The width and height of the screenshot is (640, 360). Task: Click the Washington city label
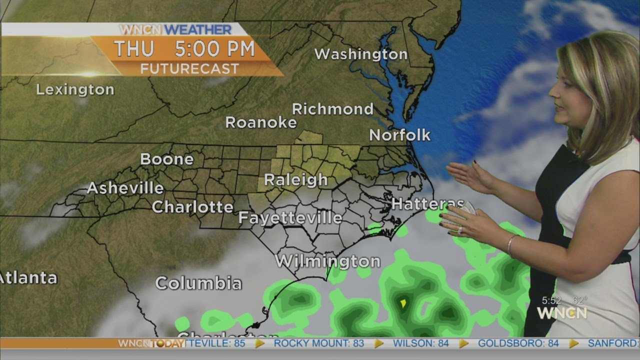[x=360, y=54]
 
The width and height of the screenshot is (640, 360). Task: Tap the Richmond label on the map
[x=332, y=109]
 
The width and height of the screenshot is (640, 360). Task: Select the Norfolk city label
[x=399, y=135]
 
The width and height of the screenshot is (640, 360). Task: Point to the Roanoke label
[x=261, y=122]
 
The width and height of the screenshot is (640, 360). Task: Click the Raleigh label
[x=296, y=180]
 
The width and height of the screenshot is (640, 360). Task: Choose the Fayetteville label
[x=290, y=218]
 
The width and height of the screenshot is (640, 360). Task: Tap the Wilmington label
[x=327, y=261]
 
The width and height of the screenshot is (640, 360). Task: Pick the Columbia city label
[x=198, y=283]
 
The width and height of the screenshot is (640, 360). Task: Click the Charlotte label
[x=192, y=207]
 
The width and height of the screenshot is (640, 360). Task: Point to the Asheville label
[x=125, y=188]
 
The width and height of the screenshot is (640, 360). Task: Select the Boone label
[x=166, y=159]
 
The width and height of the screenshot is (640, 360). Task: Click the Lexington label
[x=75, y=90]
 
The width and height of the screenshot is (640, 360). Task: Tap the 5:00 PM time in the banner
[x=214, y=49]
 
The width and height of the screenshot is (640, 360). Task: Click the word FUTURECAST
[x=189, y=69]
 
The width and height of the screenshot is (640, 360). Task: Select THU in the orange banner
[x=133, y=49]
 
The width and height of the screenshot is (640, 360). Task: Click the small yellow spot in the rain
[x=403, y=303]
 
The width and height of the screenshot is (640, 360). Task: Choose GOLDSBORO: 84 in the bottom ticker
[x=518, y=343]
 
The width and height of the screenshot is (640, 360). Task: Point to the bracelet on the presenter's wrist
[x=510, y=245]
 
